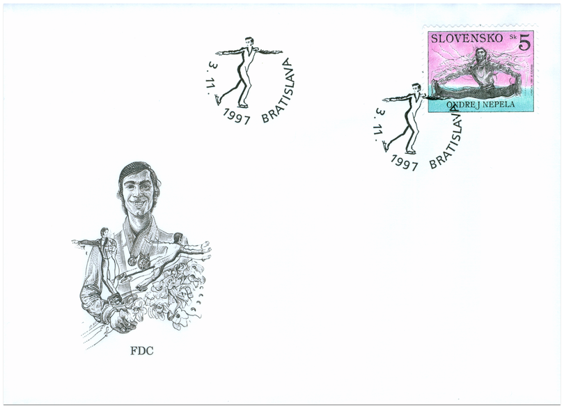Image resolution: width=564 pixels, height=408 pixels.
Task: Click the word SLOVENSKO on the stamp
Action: (x=467, y=38)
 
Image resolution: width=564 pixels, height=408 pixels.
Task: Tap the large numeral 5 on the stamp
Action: (x=524, y=42)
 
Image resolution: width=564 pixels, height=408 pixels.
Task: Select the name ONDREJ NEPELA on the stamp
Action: (x=480, y=104)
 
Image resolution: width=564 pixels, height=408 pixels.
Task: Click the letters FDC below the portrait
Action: (x=142, y=350)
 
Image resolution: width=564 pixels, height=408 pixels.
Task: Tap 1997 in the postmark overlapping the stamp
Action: (x=405, y=163)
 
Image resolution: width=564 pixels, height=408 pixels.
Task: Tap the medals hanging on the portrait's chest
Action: (x=139, y=260)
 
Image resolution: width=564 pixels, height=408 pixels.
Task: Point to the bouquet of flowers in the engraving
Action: (x=177, y=292)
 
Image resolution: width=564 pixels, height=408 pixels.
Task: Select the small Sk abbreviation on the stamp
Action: (x=512, y=38)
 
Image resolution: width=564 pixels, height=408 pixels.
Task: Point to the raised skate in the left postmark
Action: (x=217, y=100)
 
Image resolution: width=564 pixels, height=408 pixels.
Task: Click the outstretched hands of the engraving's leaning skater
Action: (x=205, y=250)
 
